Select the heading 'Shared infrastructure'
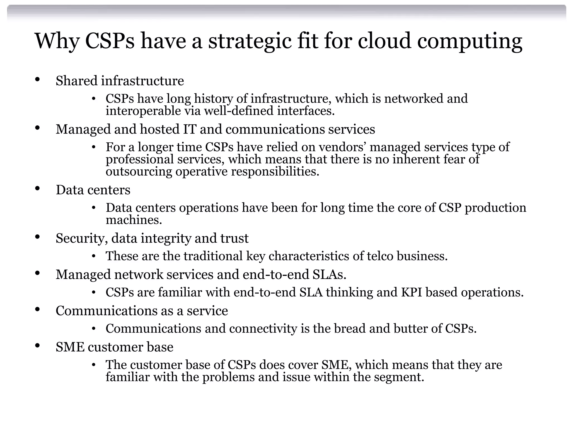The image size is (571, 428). point(120,81)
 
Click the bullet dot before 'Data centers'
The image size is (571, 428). point(37,189)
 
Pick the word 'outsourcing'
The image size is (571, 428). point(139,171)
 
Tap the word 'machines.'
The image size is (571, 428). point(134,220)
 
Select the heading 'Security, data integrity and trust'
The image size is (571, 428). point(152,238)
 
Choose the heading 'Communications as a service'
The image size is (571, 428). point(142,311)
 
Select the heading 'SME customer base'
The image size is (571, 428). point(114,347)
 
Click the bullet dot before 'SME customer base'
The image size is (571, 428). point(37,346)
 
